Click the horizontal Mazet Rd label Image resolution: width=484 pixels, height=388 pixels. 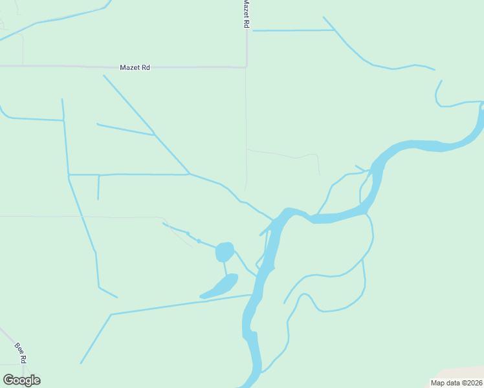[x=135, y=67]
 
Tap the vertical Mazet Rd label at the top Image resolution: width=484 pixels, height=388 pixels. [x=246, y=13]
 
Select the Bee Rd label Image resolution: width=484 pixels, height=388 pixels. [x=21, y=353]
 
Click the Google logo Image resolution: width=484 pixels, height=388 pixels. [x=21, y=380]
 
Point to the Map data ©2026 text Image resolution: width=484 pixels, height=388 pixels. [x=456, y=383]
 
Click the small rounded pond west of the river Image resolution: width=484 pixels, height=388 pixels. [x=224, y=251]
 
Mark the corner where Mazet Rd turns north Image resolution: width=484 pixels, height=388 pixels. [x=246, y=66]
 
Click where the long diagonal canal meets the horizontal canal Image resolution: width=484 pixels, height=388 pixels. [x=189, y=174]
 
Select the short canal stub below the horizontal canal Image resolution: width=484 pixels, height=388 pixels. [x=98, y=188]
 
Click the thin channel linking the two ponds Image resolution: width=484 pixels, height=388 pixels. [x=225, y=268]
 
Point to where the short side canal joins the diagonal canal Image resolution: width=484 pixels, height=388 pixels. [x=154, y=135]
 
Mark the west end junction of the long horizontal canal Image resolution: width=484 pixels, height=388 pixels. [x=69, y=175]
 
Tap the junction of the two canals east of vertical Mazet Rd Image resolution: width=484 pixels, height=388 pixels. [x=335, y=30]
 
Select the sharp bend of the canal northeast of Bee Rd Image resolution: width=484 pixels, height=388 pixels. [x=111, y=315]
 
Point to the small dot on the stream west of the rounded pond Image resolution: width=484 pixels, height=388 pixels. [x=199, y=241]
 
